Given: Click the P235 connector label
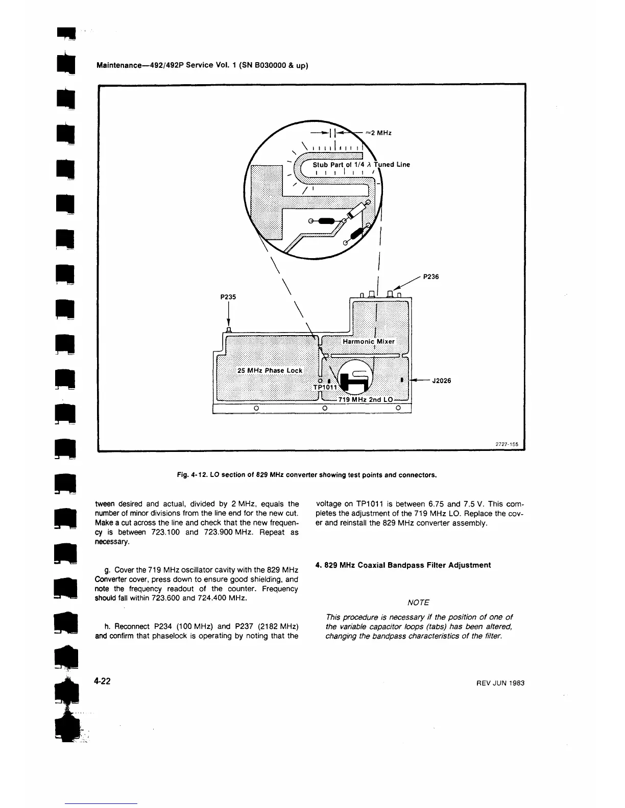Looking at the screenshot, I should click(x=228, y=296).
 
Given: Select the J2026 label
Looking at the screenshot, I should click(x=441, y=380).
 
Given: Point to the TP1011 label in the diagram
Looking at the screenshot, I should click(x=325, y=387).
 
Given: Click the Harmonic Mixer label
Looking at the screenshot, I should click(x=368, y=341).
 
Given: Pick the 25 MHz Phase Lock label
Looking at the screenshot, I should click(x=270, y=370).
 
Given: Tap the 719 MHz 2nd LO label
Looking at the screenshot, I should click(x=367, y=399).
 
